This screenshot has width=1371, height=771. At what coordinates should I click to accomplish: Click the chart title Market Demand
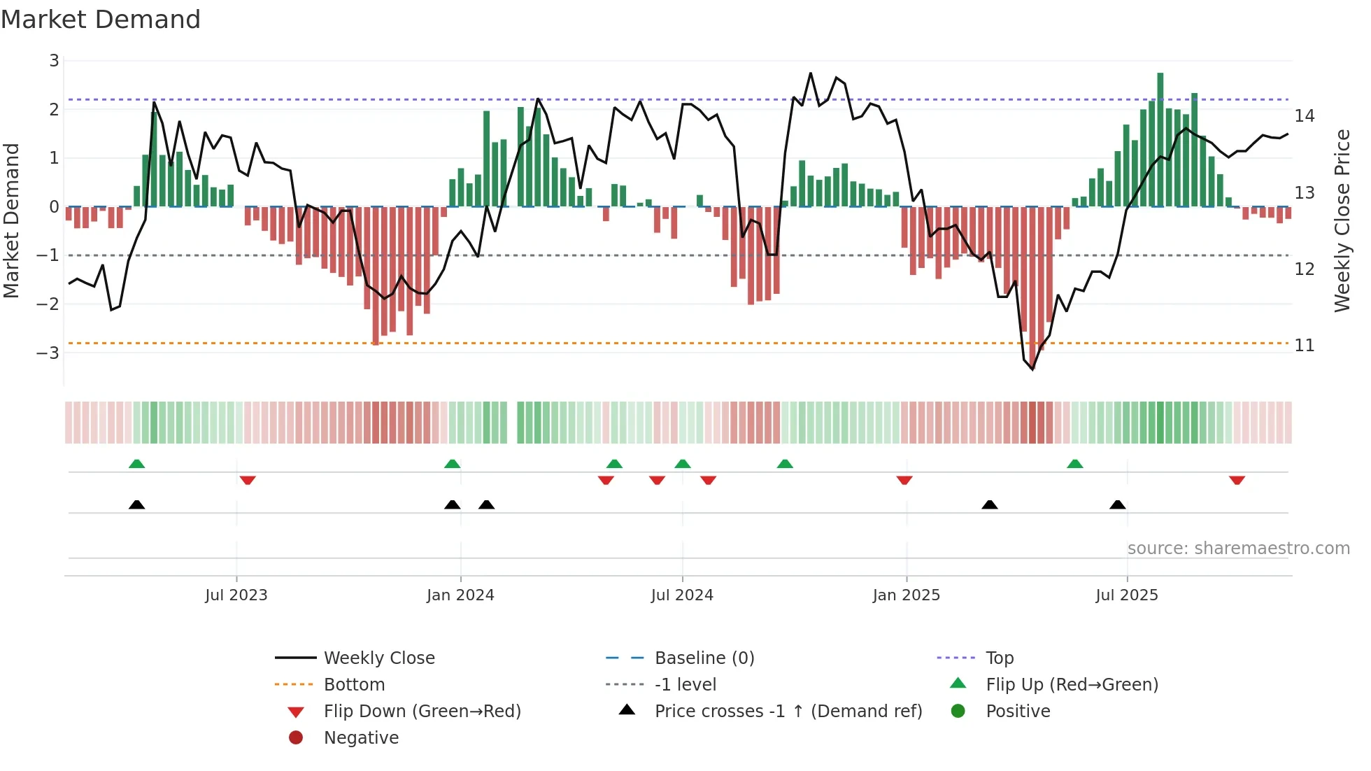(101, 20)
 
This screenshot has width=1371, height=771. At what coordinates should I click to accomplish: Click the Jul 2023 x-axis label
(236, 595)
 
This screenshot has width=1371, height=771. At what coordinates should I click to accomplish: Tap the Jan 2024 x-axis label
(460, 595)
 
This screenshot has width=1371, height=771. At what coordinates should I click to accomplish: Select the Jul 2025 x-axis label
(1126, 595)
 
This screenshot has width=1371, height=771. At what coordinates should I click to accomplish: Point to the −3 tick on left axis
(48, 353)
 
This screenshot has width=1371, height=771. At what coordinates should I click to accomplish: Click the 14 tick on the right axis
(1304, 116)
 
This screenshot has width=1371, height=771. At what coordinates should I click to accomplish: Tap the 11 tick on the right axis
(1304, 346)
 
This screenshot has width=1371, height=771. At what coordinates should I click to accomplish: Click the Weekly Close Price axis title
(1342, 220)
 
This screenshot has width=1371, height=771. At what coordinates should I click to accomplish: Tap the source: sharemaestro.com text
(1238, 549)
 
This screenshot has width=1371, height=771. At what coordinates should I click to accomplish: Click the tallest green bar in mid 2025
(1160, 140)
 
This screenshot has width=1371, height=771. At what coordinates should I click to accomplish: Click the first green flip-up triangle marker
(137, 464)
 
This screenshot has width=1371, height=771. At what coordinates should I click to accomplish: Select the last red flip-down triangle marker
(1237, 480)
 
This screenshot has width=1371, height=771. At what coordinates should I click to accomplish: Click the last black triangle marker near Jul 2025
(1118, 504)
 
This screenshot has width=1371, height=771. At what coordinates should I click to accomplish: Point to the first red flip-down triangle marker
(248, 480)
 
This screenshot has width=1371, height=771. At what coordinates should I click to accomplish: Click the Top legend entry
(999, 658)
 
